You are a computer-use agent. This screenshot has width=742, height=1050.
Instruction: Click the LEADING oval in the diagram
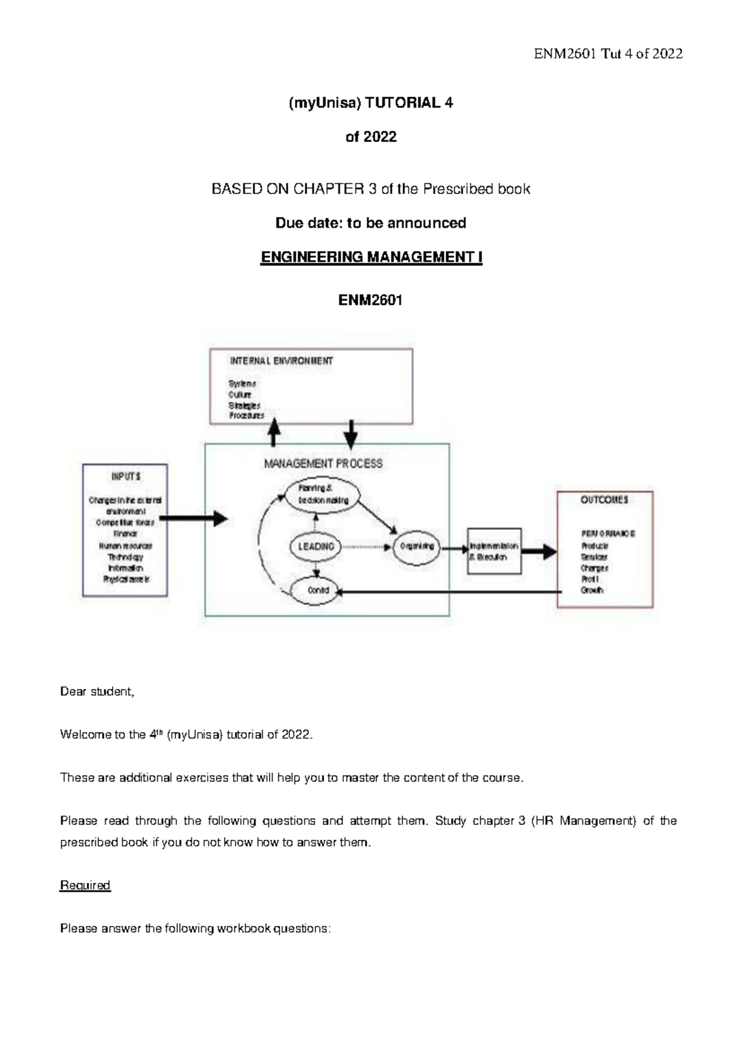[x=316, y=547]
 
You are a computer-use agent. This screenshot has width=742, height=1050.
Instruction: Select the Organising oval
[x=417, y=547]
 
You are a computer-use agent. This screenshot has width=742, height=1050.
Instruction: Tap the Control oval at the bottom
[x=318, y=590]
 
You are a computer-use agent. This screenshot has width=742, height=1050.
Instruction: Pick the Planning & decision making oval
[x=323, y=494]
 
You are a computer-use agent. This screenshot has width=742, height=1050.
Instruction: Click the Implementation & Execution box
[x=494, y=551]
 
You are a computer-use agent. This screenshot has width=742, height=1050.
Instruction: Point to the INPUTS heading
[x=126, y=477]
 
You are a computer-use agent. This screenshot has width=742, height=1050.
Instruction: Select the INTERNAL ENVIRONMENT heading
[x=281, y=361]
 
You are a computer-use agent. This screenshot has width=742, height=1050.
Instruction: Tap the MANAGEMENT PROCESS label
[x=323, y=463]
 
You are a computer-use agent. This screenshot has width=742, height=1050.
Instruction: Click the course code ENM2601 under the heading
[x=370, y=301]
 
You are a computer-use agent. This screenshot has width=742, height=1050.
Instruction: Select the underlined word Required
[x=85, y=885]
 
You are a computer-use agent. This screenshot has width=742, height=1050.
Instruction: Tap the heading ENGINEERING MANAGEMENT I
[x=371, y=257]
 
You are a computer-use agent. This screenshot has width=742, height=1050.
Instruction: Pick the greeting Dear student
[x=96, y=691]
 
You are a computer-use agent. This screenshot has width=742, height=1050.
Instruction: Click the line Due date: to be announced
[x=370, y=223]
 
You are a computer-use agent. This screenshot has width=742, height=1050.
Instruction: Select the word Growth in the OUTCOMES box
[x=592, y=591]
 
